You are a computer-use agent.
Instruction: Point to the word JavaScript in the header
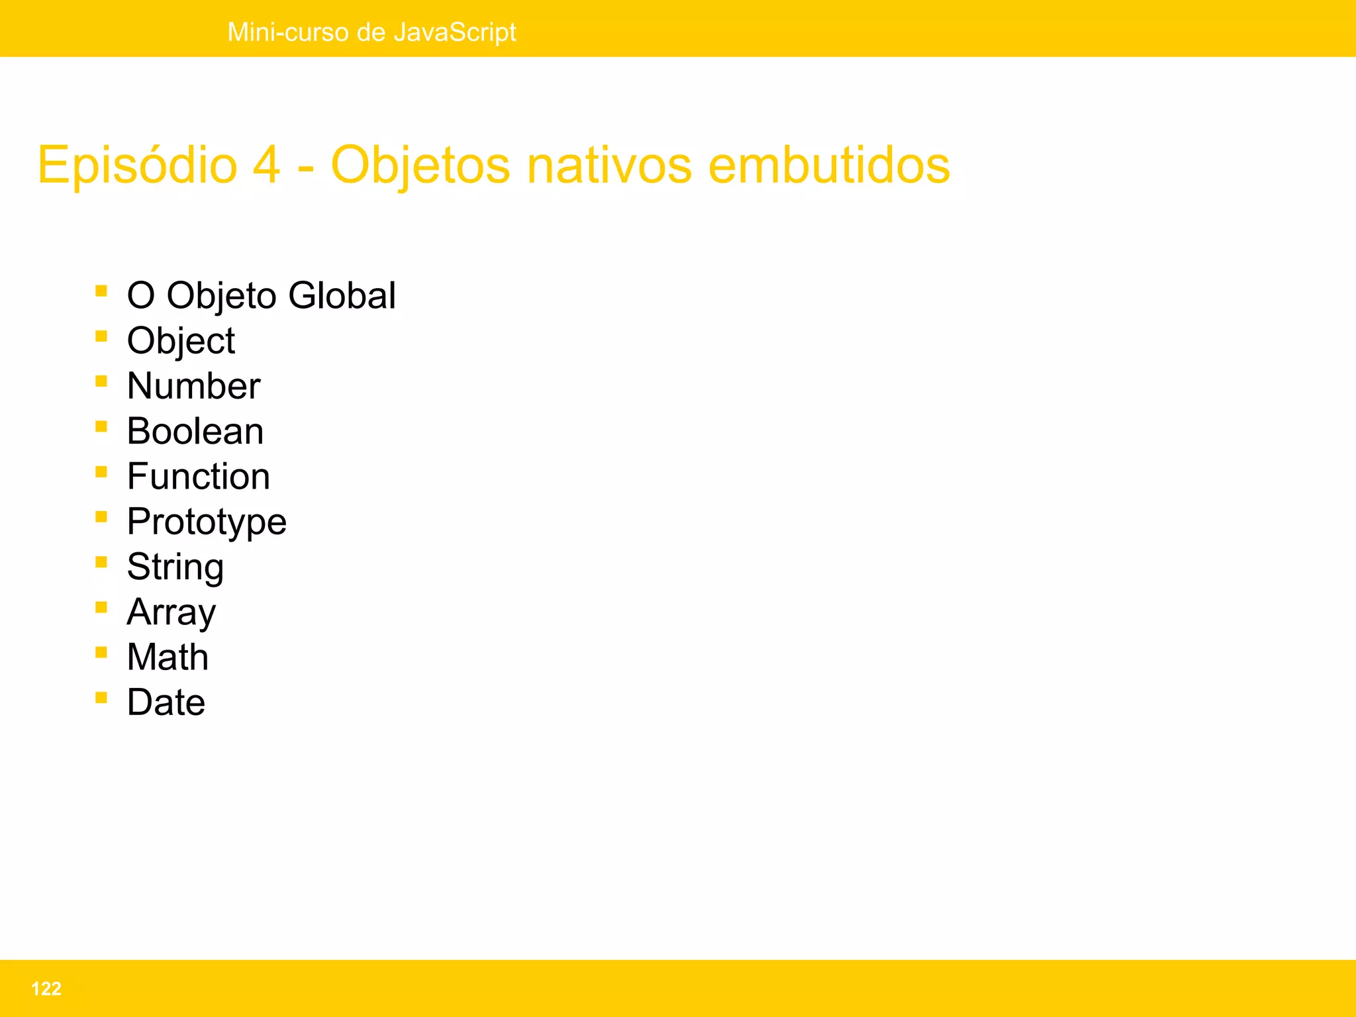454,32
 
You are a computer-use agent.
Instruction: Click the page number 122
46,989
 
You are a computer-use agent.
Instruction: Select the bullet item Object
181,341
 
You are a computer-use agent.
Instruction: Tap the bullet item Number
193,386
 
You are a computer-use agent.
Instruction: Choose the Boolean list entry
195,431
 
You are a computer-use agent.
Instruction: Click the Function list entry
199,477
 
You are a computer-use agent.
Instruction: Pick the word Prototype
207,522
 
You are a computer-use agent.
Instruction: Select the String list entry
175,567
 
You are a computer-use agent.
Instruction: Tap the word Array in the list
171,612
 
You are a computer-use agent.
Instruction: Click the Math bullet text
168,657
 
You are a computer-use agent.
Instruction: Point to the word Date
166,702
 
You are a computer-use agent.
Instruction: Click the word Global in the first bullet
342,295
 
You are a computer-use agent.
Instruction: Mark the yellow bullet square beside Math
101,653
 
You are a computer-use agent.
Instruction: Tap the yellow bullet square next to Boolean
101,426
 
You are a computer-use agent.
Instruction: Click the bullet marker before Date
101,698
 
